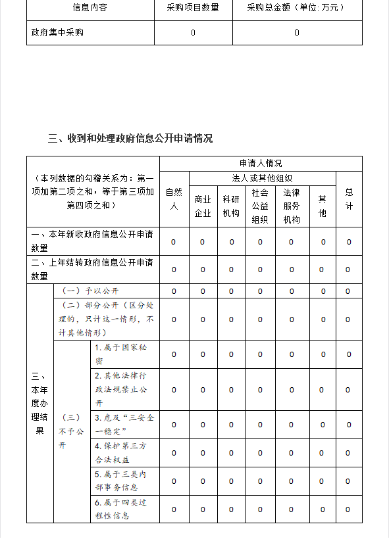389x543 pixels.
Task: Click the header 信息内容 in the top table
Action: (90, 9)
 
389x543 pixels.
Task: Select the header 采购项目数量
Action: (193, 9)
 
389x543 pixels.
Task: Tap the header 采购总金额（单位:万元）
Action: (296, 9)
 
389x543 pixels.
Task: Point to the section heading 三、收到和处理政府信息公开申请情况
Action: (130, 139)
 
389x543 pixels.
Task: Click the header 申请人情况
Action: (261, 163)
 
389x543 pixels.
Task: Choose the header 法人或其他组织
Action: (262, 178)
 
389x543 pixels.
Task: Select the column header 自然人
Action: (174, 199)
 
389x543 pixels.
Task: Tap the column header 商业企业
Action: (203, 206)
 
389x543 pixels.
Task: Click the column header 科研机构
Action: (231, 206)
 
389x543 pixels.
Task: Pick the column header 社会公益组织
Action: (260, 206)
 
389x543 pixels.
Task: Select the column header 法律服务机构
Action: (292, 206)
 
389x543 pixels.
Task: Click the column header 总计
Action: (349, 199)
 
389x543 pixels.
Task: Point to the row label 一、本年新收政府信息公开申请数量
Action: (92, 241)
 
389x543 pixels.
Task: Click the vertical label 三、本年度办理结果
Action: (39, 404)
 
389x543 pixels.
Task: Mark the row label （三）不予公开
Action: (72, 432)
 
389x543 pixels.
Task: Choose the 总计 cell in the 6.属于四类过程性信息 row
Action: (349, 509)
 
